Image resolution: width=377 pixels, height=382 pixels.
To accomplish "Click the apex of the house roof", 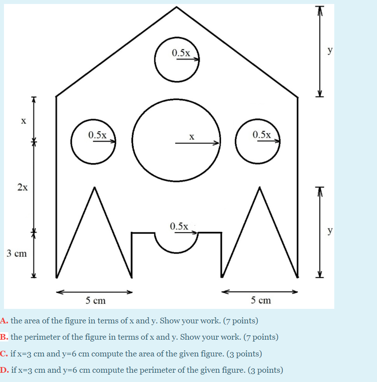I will click(177, 7).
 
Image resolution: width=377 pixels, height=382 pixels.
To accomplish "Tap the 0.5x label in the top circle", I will click(181, 53).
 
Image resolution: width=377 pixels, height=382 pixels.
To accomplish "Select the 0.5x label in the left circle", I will click(97, 135).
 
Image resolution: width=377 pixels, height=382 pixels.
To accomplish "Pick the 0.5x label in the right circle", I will click(262, 134).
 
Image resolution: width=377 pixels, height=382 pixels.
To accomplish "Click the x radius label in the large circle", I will click(192, 137).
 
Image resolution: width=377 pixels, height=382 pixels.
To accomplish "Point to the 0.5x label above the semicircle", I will click(179, 226).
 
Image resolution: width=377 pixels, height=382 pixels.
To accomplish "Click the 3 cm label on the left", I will click(17, 254).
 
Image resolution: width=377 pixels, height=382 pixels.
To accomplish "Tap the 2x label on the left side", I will click(22, 187).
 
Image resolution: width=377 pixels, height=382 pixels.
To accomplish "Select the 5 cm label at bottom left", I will click(96, 301).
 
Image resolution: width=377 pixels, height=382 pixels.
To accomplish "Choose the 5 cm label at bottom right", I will click(261, 300).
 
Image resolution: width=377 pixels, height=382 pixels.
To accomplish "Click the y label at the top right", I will click(329, 50).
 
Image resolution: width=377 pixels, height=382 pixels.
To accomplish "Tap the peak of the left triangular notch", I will click(93, 188).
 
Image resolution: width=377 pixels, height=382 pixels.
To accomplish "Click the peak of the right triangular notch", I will click(259, 188).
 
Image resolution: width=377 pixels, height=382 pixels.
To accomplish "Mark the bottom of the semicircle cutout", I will click(177, 253).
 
